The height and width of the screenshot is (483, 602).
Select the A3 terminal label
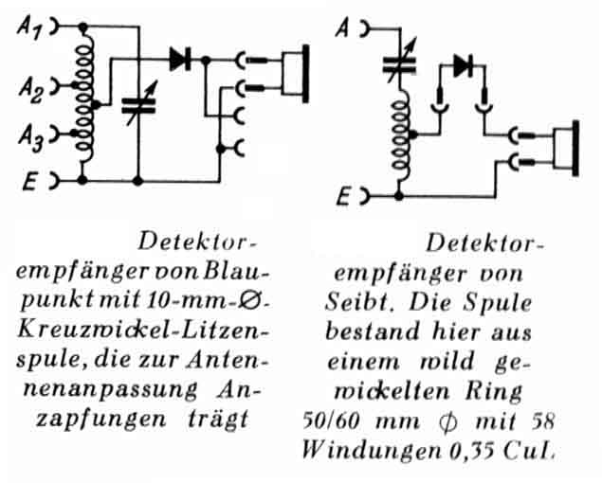27,141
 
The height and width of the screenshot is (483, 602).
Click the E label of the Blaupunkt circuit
28,180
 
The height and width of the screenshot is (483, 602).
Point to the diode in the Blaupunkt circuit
180,59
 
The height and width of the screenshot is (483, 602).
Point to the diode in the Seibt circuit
462,65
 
